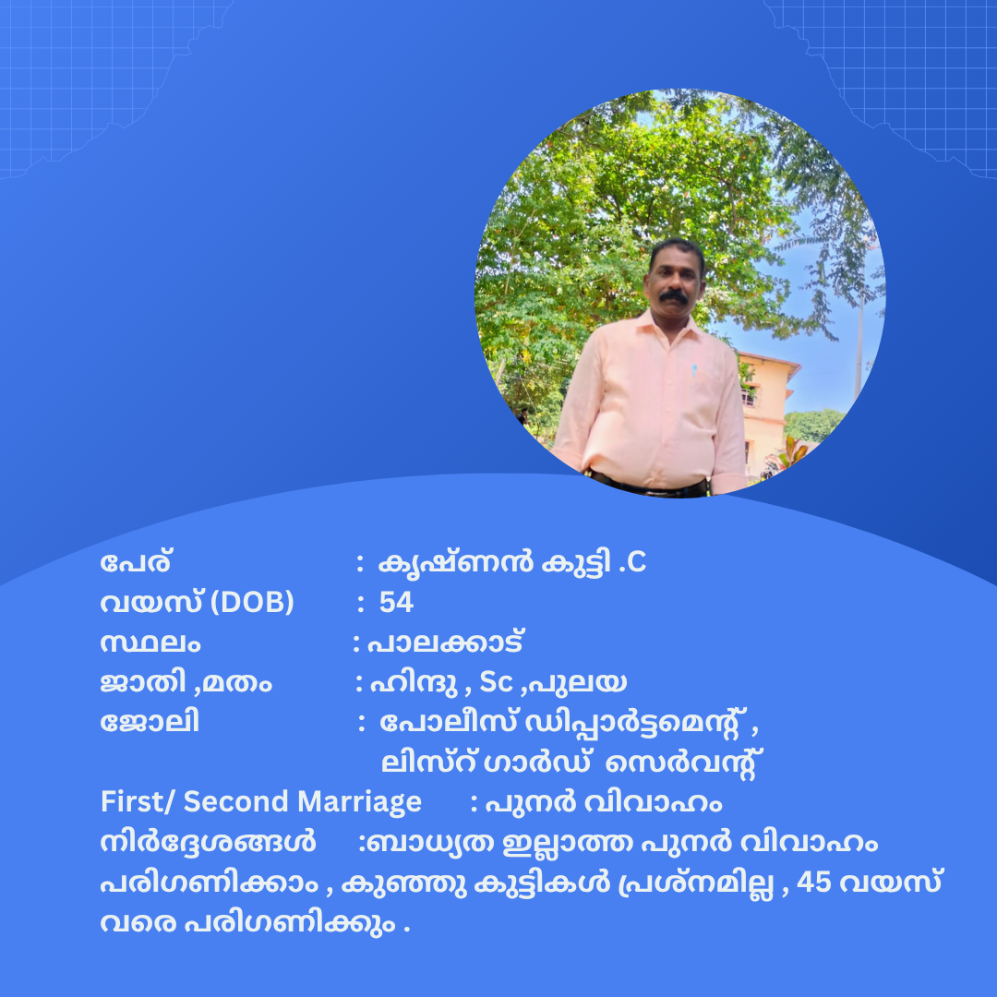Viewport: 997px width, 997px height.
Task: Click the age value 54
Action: pos(396,602)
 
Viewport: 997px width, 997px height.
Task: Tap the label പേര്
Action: pos(136,562)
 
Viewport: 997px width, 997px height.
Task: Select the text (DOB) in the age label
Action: pos(252,603)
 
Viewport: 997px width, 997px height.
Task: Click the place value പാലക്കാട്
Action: pos(446,643)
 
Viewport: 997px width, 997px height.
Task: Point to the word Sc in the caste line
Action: pos(496,682)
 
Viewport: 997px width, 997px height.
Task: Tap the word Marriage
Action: pos(359,803)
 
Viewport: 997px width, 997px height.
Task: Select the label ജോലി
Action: pos(150,722)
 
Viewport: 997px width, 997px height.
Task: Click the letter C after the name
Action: pos(636,563)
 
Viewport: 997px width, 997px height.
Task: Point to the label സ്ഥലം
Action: pos(150,643)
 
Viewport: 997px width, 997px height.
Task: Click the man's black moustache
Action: pos(673,296)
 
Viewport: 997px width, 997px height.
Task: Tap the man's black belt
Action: pos(649,486)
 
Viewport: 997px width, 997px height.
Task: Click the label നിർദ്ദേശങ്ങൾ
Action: pos(208,842)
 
